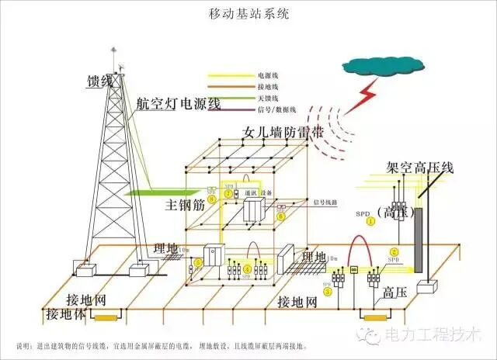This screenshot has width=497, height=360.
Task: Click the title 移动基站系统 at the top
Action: [249, 13]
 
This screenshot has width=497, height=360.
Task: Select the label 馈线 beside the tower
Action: [100, 81]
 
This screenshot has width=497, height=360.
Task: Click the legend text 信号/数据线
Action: [274, 111]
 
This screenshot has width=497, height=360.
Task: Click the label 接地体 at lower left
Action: [64, 314]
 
